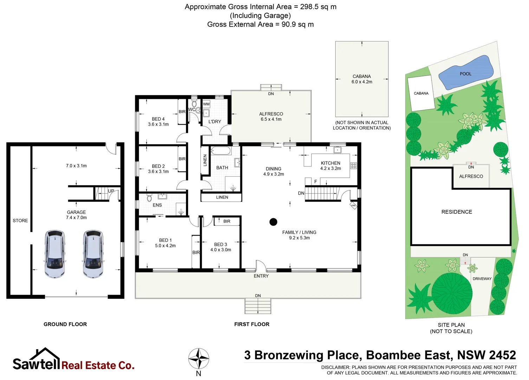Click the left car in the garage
pyautogui.click(x=55, y=254)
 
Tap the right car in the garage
pyautogui.click(x=93, y=254)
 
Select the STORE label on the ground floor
pyautogui.click(x=20, y=221)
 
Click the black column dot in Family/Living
pyautogui.click(x=273, y=222)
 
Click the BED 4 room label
pyautogui.click(x=158, y=119)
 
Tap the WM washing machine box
pyautogui.click(x=206, y=104)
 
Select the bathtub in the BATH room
pyautogui.click(x=221, y=151)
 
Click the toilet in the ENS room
pyautogui.click(x=149, y=198)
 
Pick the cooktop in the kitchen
pyautogui.click(x=353, y=166)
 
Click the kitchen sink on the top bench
pyautogui.click(x=337, y=150)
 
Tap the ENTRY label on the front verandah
pyautogui.click(x=261, y=276)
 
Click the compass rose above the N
pyautogui.click(x=199, y=359)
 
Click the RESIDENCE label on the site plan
pyautogui.click(x=457, y=212)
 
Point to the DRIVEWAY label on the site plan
pyautogui.click(x=482, y=279)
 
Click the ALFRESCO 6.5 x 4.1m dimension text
pyautogui.click(x=271, y=119)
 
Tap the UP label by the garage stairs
pyautogui.click(x=111, y=191)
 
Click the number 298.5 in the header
pyautogui.click(x=310, y=7)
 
